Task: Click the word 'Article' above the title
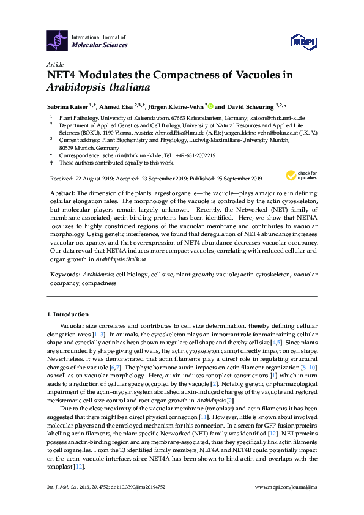pyautogui.click(x=54, y=64)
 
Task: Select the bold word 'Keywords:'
pyautogui.click(x=63, y=275)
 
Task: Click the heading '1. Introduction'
pyautogui.click(x=67, y=314)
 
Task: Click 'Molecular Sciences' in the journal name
pyautogui.click(x=100, y=45)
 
